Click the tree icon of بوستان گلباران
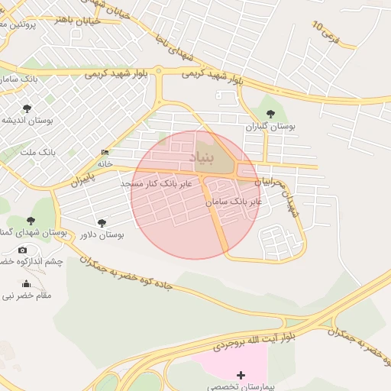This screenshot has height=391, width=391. pos(270,114)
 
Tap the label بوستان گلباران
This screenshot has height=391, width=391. pos(270,126)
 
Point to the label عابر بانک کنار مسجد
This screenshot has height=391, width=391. pos(160,184)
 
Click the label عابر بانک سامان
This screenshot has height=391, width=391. pos(234,201)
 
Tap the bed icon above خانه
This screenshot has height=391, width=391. pos(105,153)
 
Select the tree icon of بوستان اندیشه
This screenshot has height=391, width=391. pos(27,108)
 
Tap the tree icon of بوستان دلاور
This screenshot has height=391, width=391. pos(102,223)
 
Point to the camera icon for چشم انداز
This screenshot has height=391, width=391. pos(22,250)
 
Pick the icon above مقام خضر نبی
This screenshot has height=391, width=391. pos(26,284)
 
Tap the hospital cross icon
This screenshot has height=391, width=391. pos(242,374)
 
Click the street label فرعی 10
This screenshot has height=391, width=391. pos(326,32)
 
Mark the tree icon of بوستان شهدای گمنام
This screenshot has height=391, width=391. pos(31,221)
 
